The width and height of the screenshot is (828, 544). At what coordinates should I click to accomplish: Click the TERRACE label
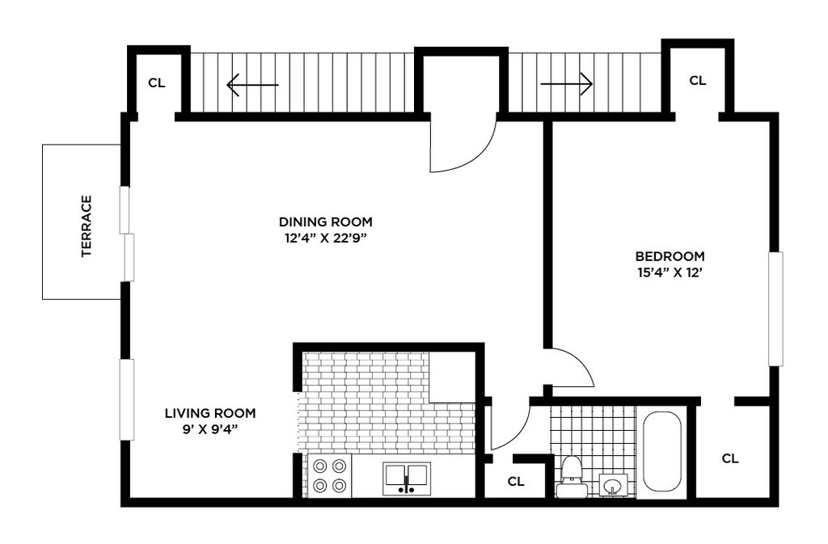(x=87, y=226)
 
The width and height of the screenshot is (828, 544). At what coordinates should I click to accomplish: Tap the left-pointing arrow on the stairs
(x=252, y=84)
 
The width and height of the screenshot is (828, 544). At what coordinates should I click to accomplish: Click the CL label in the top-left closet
(x=157, y=82)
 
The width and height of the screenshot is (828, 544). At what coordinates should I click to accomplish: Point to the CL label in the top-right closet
(x=698, y=81)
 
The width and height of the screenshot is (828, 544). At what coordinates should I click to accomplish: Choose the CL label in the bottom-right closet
(x=730, y=458)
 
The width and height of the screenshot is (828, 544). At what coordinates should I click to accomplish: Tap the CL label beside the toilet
(x=516, y=482)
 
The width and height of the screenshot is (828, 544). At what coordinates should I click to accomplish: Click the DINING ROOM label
(x=325, y=221)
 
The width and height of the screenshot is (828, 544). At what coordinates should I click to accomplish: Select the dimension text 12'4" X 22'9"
(x=325, y=238)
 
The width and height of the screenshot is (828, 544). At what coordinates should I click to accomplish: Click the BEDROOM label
(x=670, y=256)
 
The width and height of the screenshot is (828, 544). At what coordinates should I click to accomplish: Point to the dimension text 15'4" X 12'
(x=670, y=273)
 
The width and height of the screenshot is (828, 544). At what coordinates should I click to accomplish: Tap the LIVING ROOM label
(x=210, y=413)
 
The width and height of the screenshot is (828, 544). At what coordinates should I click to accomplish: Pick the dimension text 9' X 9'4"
(x=210, y=430)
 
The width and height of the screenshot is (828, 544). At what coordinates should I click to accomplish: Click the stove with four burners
(x=330, y=475)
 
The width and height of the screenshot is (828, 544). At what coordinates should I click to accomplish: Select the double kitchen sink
(x=407, y=479)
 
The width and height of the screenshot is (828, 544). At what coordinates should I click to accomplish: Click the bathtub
(x=661, y=452)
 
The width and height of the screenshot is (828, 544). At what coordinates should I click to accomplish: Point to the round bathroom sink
(x=613, y=485)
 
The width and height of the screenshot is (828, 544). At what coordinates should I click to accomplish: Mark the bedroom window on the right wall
(x=775, y=309)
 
